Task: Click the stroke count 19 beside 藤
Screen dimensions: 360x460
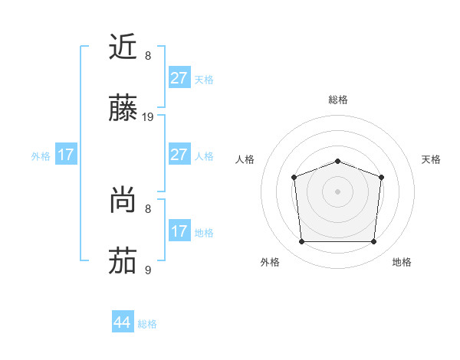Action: pyautogui.click(x=149, y=117)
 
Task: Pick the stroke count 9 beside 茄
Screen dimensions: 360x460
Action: pyautogui.click(x=148, y=270)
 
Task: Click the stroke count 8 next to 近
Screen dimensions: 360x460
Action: pyautogui.click(x=148, y=56)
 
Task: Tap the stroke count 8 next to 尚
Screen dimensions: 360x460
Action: pyautogui.click(x=148, y=208)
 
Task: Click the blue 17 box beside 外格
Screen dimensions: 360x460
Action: pyautogui.click(x=66, y=155)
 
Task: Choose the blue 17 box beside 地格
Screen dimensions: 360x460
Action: pyautogui.click(x=179, y=231)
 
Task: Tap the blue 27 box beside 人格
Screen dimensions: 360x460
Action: pyautogui.click(x=179, y=155)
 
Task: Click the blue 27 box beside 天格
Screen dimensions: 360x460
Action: pyautogui.click(x=179, y=78)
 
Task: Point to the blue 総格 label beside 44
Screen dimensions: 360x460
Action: pyautogui.click(x=147, y=324)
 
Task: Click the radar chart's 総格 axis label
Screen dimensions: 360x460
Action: pyautogui.click(x=337, y=100)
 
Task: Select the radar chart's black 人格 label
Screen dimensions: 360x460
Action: pyautogui.click(x=245, y=159)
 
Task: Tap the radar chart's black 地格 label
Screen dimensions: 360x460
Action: pyautogui.click(x=402, y=262)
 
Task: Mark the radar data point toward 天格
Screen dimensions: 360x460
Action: pyautogui.click(x=381, y=177)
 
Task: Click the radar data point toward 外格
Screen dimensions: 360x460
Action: pyautogui.click(x=301, y=242)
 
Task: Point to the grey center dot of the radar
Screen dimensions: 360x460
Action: pyautogui.click(x=337, y=191)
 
